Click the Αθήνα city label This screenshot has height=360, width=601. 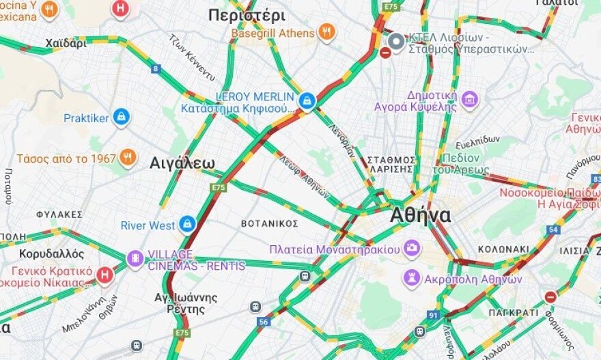point(420,216)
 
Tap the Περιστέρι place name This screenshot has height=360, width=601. point(237,14)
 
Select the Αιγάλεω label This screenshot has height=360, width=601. point(182,163)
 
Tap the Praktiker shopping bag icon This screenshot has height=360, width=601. point(122,117)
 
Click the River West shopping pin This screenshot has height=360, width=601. point(187,224)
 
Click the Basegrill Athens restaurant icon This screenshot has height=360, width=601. point(327,32)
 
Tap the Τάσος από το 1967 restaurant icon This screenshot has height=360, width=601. point(128,158)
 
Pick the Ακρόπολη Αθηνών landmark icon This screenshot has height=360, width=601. point(411,278)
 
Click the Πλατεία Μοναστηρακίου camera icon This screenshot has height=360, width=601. point(412,248)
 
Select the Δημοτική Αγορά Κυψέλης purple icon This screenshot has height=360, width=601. point(469,100)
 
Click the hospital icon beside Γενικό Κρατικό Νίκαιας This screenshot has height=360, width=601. point(104,275)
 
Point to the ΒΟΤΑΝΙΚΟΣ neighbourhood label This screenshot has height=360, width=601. point(270,223)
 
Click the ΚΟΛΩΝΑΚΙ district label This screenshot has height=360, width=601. point(503,249)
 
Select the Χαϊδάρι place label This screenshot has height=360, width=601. point(66,44)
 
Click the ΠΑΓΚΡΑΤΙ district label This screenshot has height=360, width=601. point(514,312)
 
